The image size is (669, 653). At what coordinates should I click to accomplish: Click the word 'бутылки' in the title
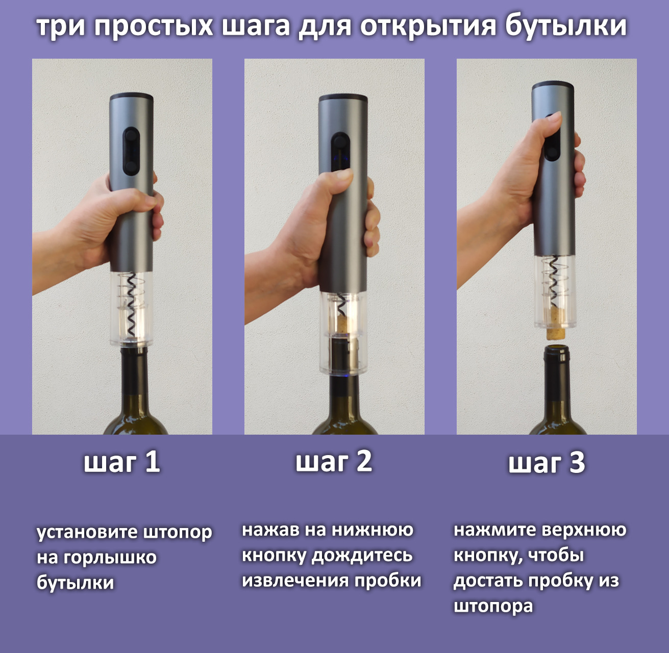coord(566,26)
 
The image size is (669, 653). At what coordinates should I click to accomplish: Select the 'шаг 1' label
coord(122,462)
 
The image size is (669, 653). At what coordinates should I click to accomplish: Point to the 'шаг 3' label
coord(547,463)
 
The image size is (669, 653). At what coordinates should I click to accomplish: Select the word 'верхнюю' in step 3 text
coord(584,530)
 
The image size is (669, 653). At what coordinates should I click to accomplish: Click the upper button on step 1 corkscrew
coord(131,135)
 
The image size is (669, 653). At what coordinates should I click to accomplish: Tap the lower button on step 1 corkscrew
coord(131,167)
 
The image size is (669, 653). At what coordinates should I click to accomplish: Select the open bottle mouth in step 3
coord(556,349)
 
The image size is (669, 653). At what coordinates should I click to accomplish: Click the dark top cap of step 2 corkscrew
coord(343,97)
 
